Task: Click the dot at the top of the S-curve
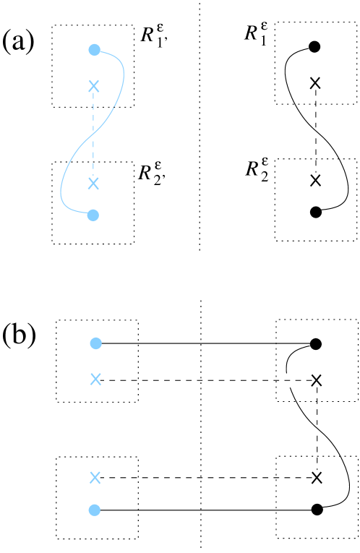click(94, 50)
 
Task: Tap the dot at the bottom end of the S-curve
click(93, 215)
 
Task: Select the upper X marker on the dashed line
click(93, 87)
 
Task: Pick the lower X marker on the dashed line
click(93, 184)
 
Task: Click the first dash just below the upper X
click(93, 97)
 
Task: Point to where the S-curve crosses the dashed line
click(93, 134)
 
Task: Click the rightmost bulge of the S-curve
click(124, 72)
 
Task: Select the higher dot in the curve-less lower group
click(95, 343)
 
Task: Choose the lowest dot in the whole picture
click(94, 510)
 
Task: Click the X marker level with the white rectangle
click(95, 380)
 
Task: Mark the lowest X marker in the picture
click(95, 477)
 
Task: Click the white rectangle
click(292, 381)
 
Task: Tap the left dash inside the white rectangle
click(287, 381)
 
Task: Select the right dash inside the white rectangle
click(297, 381)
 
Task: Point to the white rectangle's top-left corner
click(280, 374)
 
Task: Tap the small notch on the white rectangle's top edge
click(292, 374)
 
